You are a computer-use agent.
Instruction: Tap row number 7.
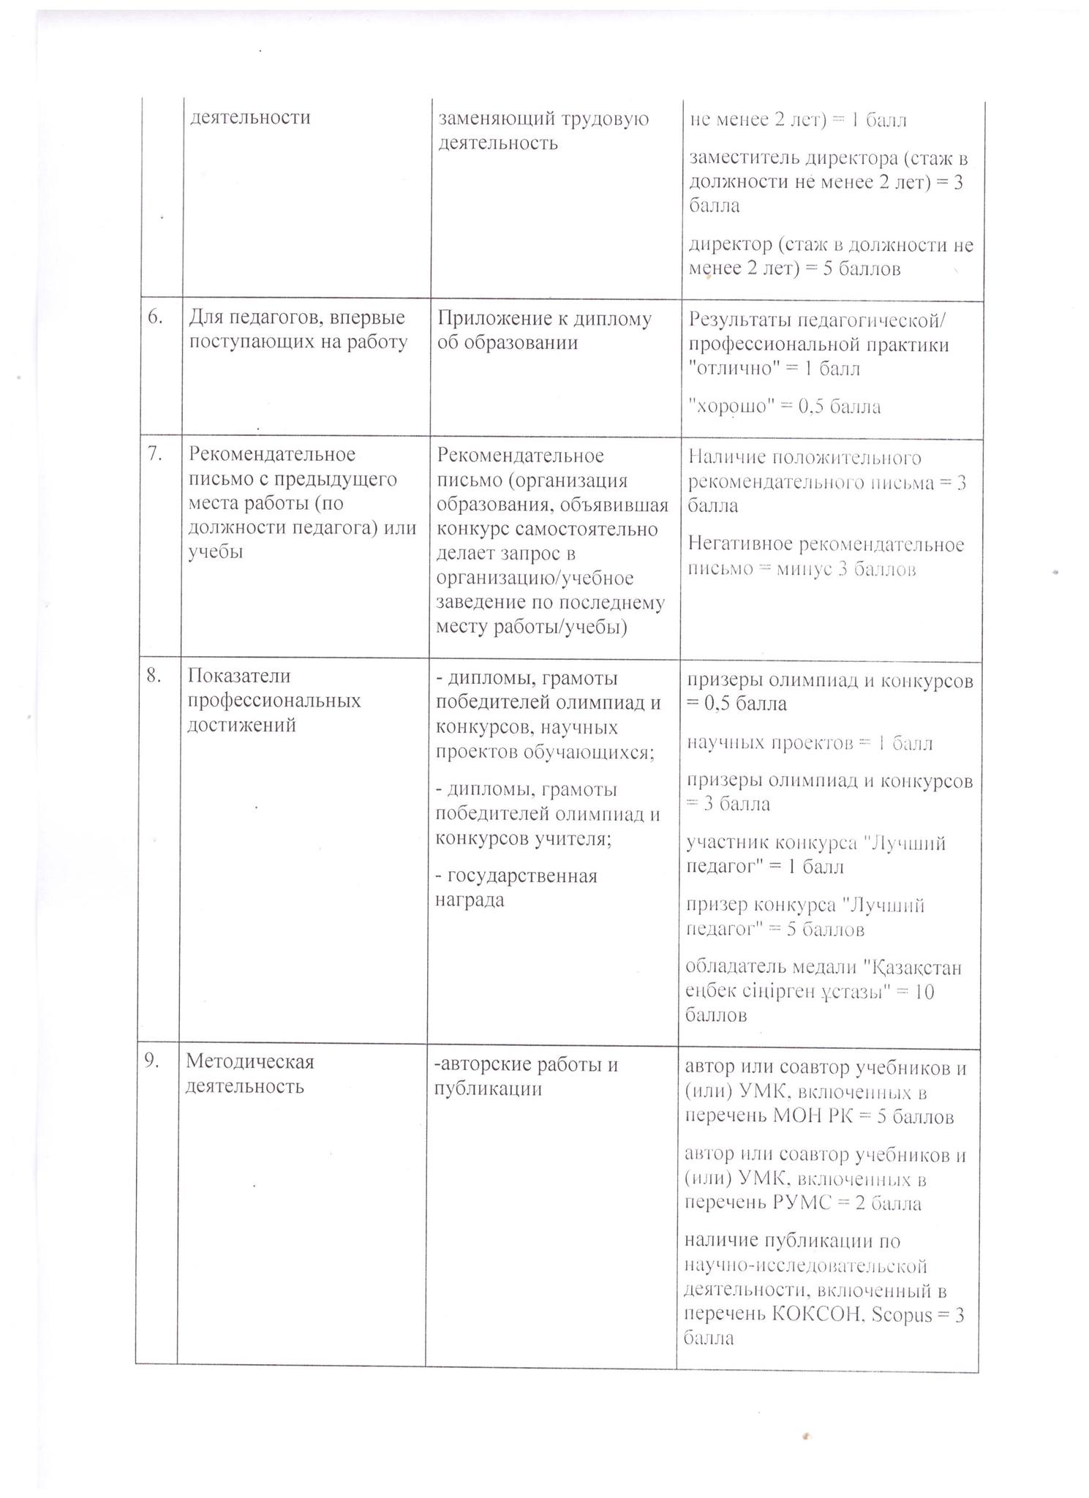[x=154, y=453]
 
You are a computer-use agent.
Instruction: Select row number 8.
[x=153, y=675]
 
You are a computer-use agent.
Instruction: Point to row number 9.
[x=151, y=1061]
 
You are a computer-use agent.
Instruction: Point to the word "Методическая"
[x=249, y=1061]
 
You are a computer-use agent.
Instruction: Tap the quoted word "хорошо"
[x=725, y=406]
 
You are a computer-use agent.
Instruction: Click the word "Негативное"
[x=741, y=544]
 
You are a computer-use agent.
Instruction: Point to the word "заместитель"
[x=745, y=158]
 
